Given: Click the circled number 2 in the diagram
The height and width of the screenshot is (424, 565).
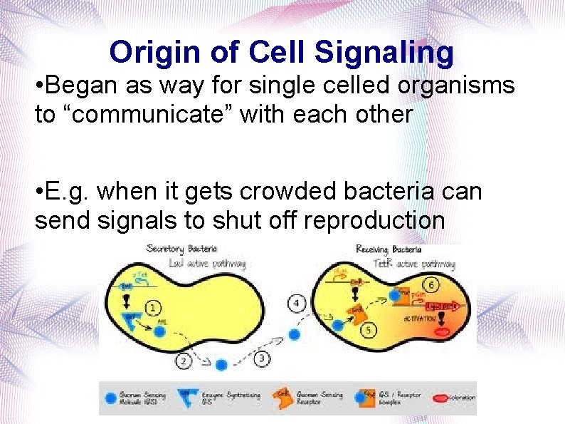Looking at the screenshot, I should coord(184,361).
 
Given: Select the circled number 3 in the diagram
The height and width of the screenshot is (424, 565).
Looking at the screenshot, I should coord(261,357).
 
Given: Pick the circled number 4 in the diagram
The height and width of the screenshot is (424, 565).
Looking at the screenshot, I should coord(298,304).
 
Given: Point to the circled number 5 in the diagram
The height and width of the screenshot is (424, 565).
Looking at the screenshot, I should coord(369,330).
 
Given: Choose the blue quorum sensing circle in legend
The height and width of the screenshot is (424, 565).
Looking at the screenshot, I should coord(111,397).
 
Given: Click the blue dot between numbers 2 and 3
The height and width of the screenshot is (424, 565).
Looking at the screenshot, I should coord(221,364).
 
